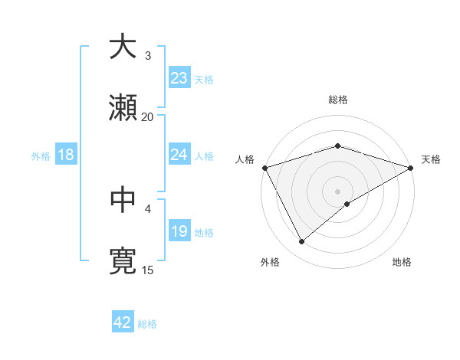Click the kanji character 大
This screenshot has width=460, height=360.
pos(123,47)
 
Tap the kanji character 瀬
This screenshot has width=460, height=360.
pos(123,109)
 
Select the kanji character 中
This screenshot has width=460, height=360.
pos(123,199)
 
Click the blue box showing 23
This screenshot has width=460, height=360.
pos(179,78)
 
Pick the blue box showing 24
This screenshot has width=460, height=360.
pos(179,155)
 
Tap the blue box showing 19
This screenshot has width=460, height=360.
pos(179,231)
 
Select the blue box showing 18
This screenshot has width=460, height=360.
pos(66,155)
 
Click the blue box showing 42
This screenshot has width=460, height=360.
pos(123,323)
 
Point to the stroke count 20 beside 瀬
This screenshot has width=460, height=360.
pos(147,116)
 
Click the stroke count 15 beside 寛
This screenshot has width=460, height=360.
pos(147,269)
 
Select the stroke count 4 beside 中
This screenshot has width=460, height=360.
pos(147,208)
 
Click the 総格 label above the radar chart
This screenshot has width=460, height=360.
pos(337,100)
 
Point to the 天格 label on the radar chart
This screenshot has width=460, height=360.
pos(431,159)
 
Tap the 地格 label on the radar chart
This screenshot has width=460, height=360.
pos(402,262)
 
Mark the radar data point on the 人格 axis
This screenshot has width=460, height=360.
pos(264,168)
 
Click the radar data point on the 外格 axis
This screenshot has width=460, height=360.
pos(302,242)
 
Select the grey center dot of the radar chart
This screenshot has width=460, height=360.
pos(337,191)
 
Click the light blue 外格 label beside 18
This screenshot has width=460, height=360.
pos(41,155)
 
